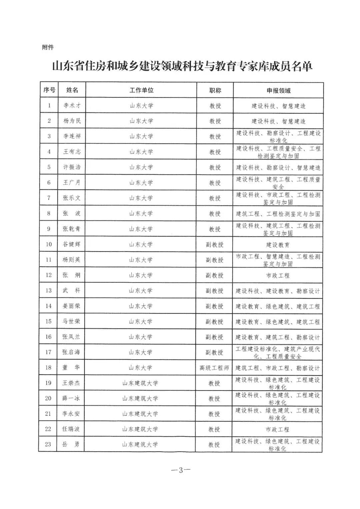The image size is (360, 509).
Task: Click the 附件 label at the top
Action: (x=48, y=47)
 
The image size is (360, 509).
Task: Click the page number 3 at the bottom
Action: (x=181, y=470)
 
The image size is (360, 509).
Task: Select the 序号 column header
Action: (x=49, y=90)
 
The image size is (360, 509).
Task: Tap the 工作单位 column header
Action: (x=141, y=90)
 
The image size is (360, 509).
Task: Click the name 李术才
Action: (x=72, y=105)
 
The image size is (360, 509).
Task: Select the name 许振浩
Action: (x=72, y=167)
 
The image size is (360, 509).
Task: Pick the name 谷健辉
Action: (x=72, y=244)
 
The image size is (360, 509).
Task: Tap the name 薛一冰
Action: (x=71, y=398)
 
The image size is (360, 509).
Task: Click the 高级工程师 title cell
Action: (x=214, y=368)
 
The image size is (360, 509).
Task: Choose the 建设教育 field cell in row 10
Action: (x=278, y=245)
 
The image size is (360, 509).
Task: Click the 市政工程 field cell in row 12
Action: (x=278, y=276)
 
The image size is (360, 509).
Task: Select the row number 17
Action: (x=49, y=352)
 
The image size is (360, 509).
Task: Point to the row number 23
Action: (x=48, y=444)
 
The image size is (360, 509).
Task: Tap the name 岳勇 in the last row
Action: (x=71, y=444)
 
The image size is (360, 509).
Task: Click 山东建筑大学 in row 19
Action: (x=140, y=383)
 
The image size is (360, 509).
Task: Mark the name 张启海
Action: (x=71, y=352)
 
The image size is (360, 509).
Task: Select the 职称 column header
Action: (x=215, y=90)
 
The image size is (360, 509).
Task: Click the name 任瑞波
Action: (x=71, y=429)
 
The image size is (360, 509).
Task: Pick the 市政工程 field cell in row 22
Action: (x=277, y=430)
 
